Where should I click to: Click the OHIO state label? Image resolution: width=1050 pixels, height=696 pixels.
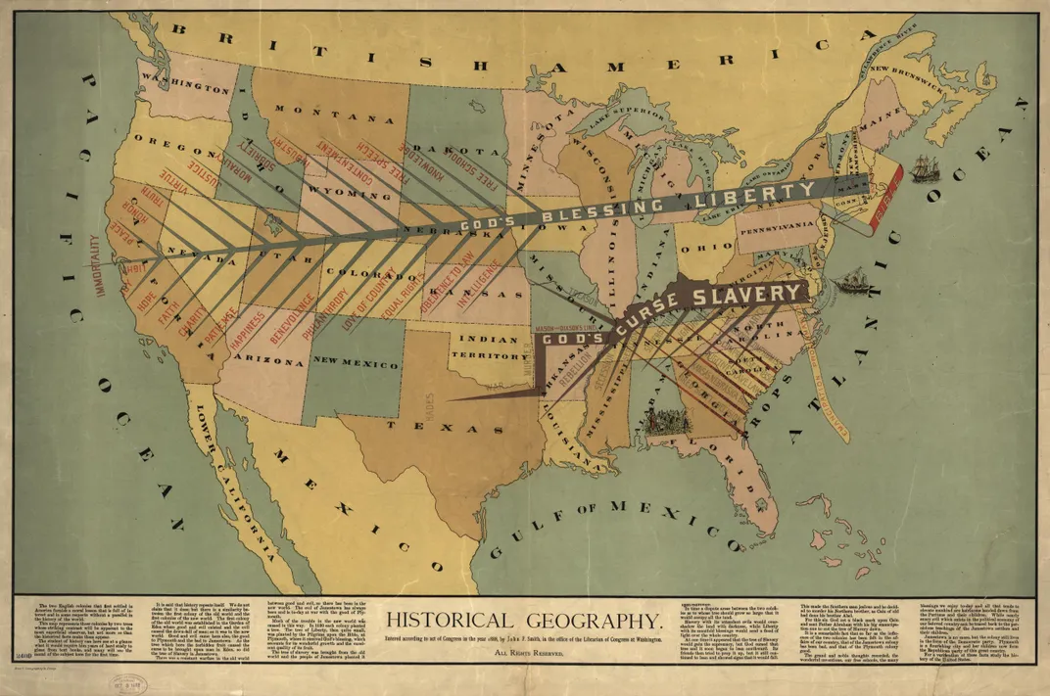(x=698, y=249)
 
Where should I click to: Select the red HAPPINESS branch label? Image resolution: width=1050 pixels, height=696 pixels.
(x=245, y=330)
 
